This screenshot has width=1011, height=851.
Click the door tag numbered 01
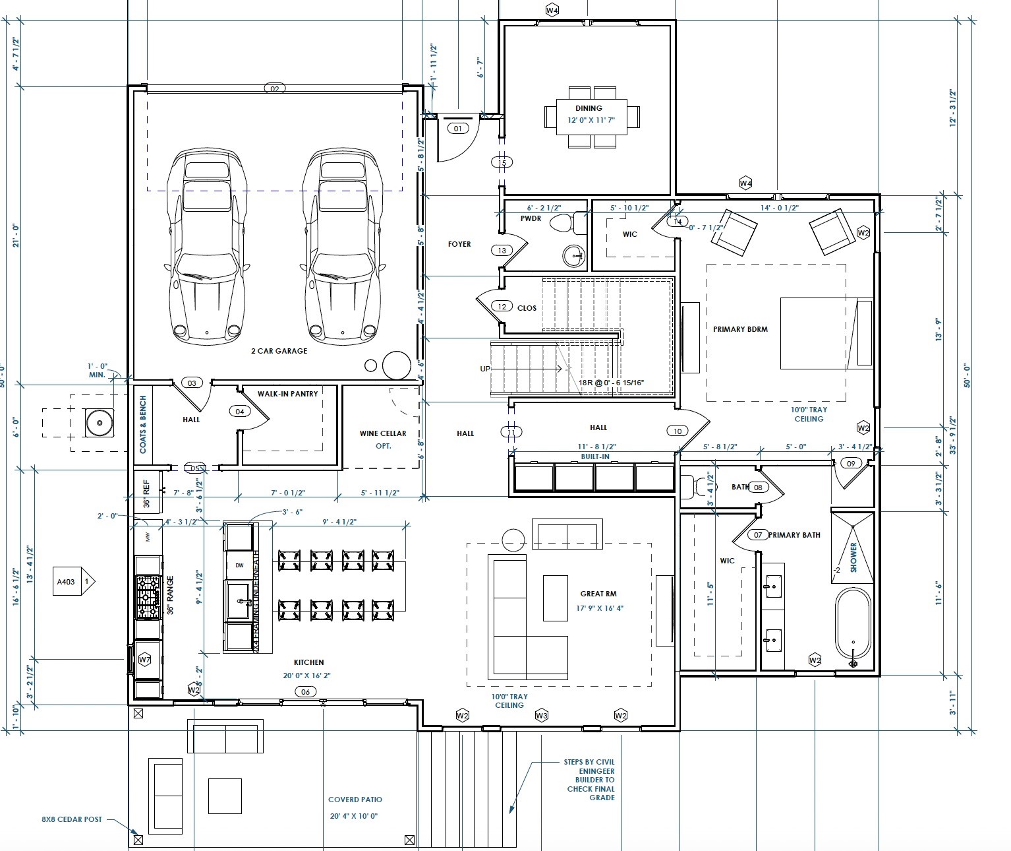click(458, 129)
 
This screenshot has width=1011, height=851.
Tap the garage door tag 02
click(275, 88)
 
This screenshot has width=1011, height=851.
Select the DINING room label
click(589, 108)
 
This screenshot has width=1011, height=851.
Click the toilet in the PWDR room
click(562, 223)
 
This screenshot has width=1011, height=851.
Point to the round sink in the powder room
click(575, 255)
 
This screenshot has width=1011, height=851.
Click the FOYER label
click(459, 244)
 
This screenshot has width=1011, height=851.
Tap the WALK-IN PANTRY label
click(287, 394)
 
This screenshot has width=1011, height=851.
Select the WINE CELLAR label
click(383, 433)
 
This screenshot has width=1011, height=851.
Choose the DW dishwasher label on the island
click(239, 565)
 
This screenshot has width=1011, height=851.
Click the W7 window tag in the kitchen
click(145, 660)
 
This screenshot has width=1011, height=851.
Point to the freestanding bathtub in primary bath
click(853, 626)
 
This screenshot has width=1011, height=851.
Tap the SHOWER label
click(853, 557)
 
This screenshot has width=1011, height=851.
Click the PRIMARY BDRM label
click(740, 329)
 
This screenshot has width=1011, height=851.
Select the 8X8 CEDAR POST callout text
click(72, 819)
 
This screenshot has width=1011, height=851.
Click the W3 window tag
click(542, 716)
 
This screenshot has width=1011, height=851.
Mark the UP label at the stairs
click(485, 369)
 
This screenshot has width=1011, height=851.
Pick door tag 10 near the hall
click(678, 431)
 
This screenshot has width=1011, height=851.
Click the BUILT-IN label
click(594, 457)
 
